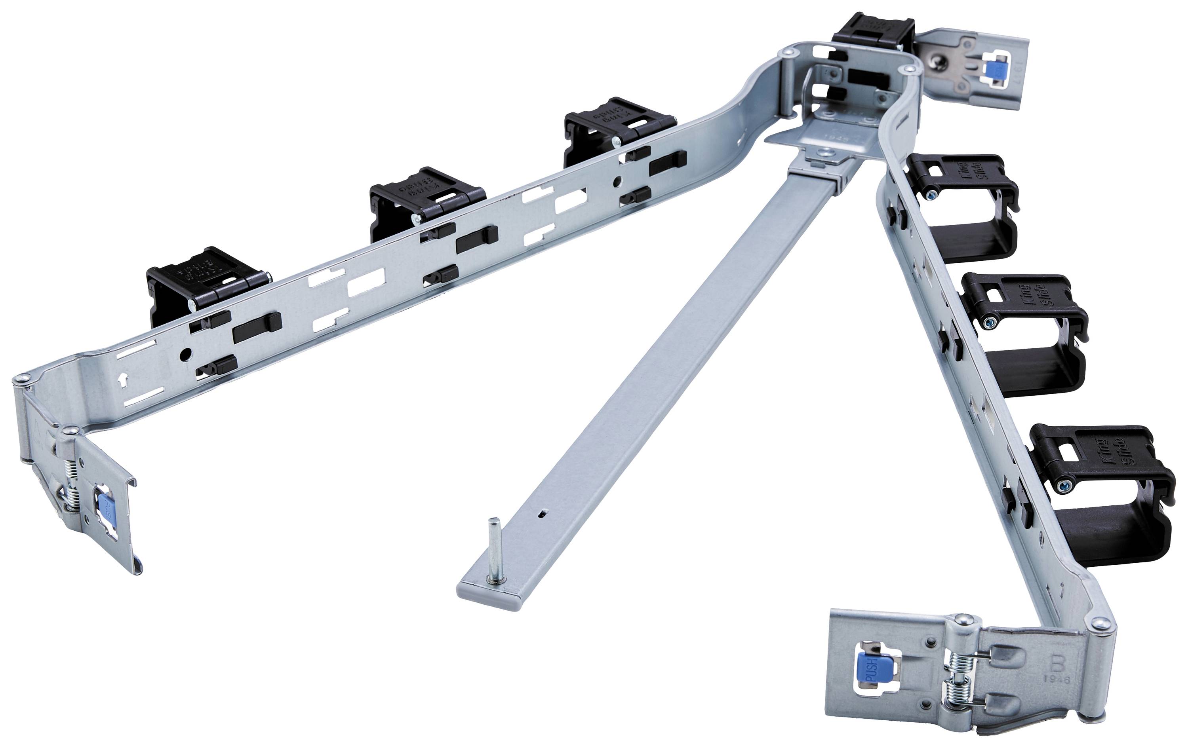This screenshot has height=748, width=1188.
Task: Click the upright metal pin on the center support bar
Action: tap(493, 550)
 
